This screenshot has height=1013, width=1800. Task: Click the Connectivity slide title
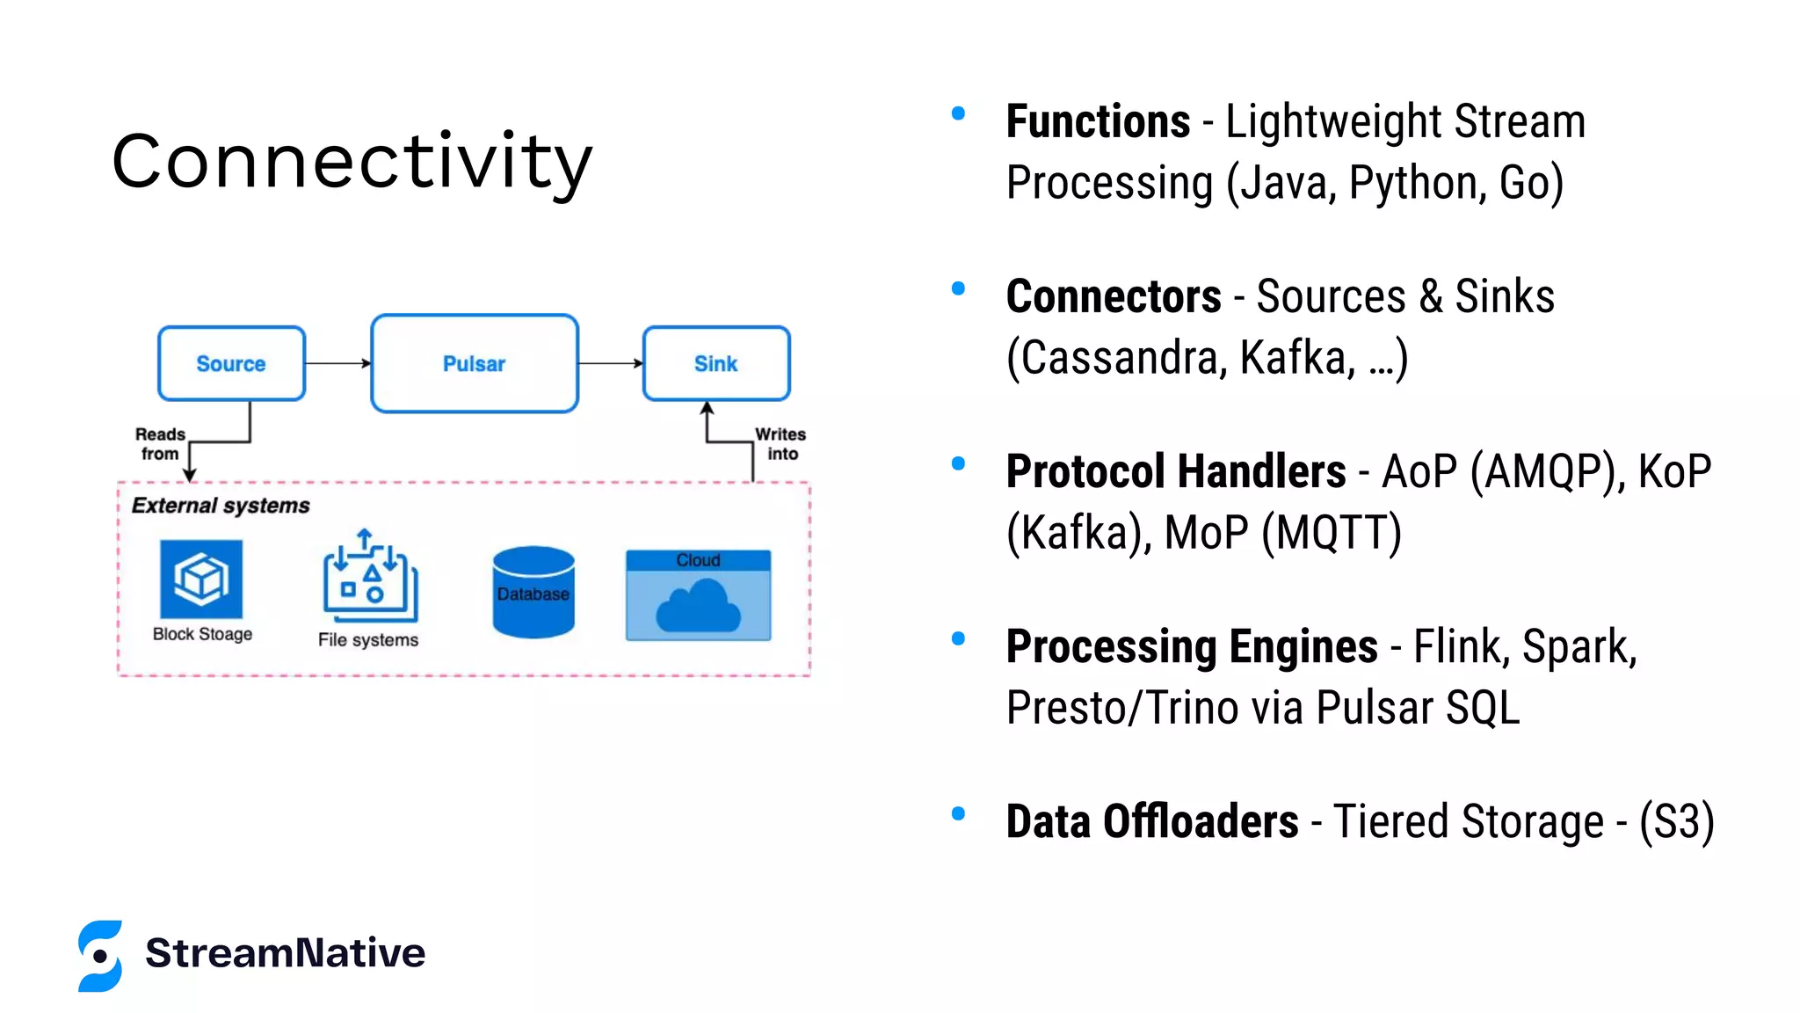pyautogui.click(x=352, y=162)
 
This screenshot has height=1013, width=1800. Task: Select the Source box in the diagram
pyautogui.click(x=231, y=363)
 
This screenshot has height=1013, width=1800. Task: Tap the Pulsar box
pyautogui.click(x=474, y=363)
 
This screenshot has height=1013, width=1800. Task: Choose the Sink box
pyautogui.click(x=715, y=363)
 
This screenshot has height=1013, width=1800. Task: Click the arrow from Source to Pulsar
pyautogui.click(x=337, y=363)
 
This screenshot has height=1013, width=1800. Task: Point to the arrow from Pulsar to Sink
pyautogui.click(x=610, y=363)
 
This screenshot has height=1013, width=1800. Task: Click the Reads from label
pyautogui.click(x=160, y=444)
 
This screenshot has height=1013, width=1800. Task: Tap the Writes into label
pyautogui.click(x=780, y=444)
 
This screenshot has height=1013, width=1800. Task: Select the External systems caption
pyautogui.click(x=221, y=506)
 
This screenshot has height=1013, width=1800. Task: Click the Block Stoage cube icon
pyautogui.click(x=201, y=579)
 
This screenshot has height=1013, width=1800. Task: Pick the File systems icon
pyautogui.click(x=369, y=577)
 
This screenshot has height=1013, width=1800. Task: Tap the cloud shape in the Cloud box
pyautogui.click(x=698, y=607)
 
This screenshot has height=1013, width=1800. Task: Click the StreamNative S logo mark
pyautogui.click(x=100, y=956)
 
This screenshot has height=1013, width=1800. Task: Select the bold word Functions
pyautogui.click(x=1098, y=121)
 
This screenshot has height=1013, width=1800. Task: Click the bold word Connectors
pyautogui.click(x=1114, y=296)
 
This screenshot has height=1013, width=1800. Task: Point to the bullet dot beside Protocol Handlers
pyautogui.click(x=958, y=463)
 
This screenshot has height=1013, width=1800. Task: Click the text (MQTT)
pyautogui.click(x=1331, y=533)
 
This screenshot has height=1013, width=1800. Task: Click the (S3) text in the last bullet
pyautogui.click(x=1676, y=822)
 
